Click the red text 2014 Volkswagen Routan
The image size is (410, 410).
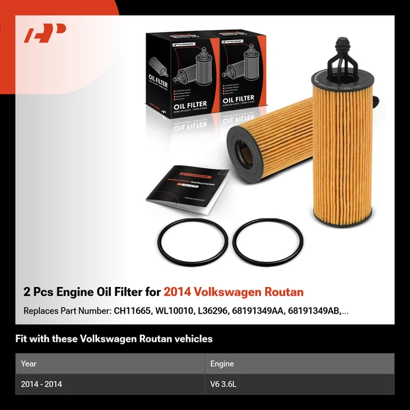(x=234, y=292)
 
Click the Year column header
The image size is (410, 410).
(x=29, y=364)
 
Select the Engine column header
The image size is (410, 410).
(x=221, y=364)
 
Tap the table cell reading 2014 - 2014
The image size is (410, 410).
(x=42, y=384)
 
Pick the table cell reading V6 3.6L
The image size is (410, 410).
(x=223, y=384)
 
